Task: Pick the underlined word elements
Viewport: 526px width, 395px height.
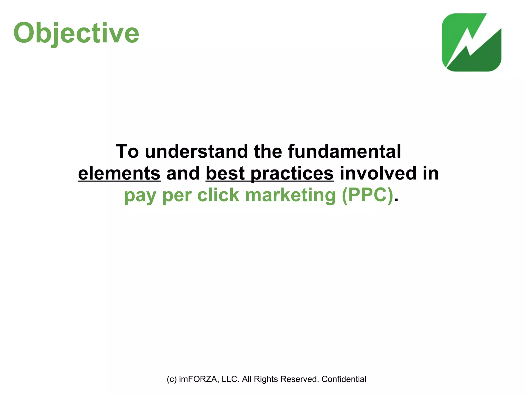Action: (x=119, y=173)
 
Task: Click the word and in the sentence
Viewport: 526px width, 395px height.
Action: (x=183, y=173)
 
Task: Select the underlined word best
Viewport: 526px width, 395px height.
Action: (x=225, y=173)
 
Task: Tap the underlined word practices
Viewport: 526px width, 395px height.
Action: (x=292, y=173)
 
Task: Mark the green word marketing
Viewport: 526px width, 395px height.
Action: (x=290, y=195)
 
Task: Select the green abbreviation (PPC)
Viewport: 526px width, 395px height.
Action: (x=368, y=195)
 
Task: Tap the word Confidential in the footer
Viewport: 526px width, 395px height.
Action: (x=344, y=379)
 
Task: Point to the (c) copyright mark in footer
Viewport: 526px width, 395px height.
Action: (x=172, y=379)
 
